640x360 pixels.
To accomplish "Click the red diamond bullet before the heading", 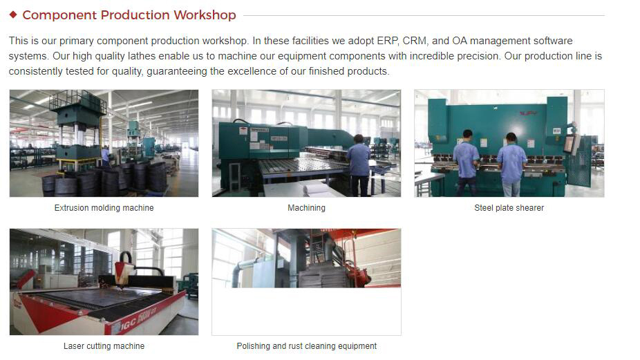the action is click(x=13, y=15).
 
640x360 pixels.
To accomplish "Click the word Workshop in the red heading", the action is click(x=205, y=15).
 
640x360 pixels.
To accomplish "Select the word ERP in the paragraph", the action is click(x=387, y=41).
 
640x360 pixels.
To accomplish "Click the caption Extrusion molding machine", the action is click(x=104, y=208).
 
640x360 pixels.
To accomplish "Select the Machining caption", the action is click(x=307, y=208).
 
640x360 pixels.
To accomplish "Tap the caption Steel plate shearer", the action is click(x=509, y=208).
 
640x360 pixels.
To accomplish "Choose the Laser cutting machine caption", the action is click(x=104, y=346).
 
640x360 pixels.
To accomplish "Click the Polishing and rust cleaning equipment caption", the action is click(x=307, y=346).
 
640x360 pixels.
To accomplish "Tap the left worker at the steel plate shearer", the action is click(x=466, y=162).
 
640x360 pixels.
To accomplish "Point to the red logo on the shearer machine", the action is click(x=528, y=113).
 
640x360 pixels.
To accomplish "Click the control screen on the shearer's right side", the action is click(x=570, y=144).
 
